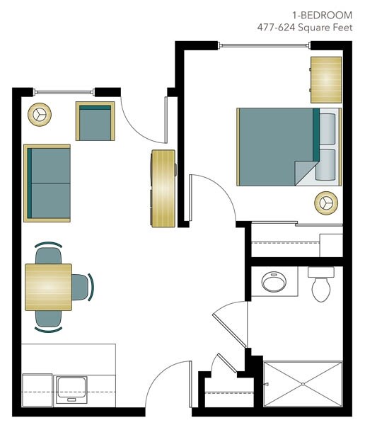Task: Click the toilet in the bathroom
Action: pos(321,285)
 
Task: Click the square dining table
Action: pos(48,286)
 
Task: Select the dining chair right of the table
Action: pos(81,287)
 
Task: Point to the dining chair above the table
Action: pos(48,254)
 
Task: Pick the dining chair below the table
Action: pos(48,319)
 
